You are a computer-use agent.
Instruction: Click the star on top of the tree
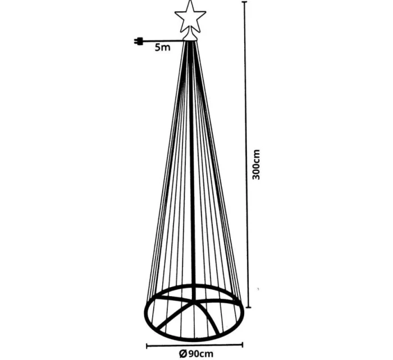(190, 17)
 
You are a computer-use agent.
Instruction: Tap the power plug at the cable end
(139, 41)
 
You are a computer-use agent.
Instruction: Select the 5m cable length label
(162, 48)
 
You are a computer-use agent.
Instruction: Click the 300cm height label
(256, 164)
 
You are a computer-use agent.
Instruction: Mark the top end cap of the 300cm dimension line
(244, 2)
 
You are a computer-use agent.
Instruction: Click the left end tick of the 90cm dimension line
(147, 345)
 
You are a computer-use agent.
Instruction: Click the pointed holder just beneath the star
(191, 36)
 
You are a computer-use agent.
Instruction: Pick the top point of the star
(190, 2)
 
